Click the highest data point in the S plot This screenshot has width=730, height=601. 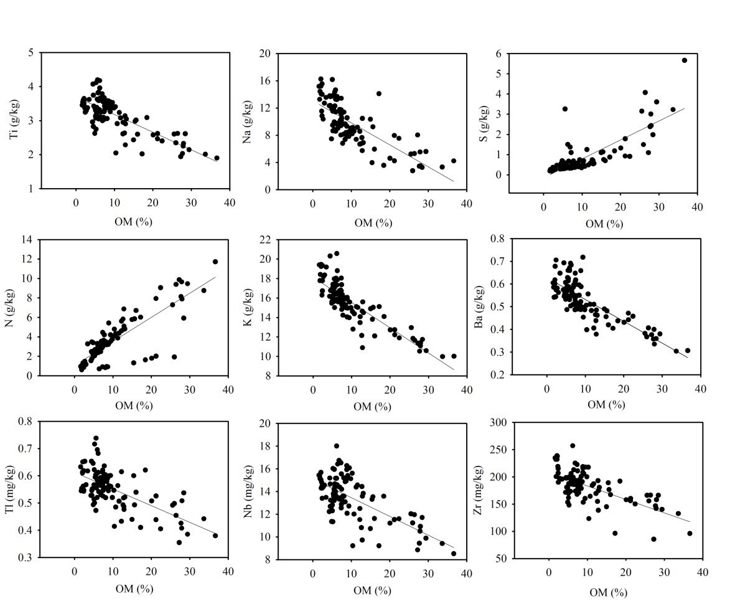[x=684, y=60]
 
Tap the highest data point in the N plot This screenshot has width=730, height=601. [x=215, y=262]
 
